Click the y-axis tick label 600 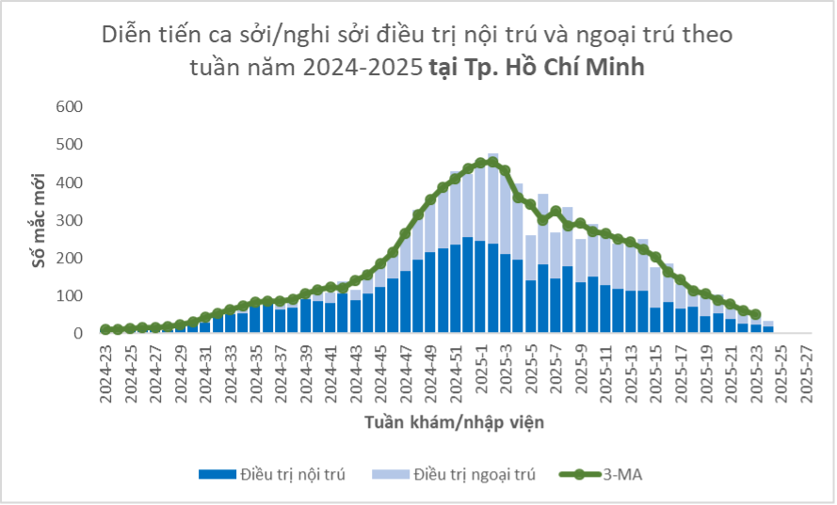(x=72, y=106)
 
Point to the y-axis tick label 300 (x=72, y=220)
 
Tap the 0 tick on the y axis (x=81, y=334)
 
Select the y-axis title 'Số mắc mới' (x=39, y=219)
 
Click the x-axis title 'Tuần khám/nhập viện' (x=454, y=422)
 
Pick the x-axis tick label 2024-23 (x=106, y=372)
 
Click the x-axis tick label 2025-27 (x=805, y=372)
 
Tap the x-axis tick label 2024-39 (x=306, y=372)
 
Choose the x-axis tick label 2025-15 (x=655, y=372)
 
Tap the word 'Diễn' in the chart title (x=125, y=36)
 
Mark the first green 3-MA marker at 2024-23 (x=106, y=330)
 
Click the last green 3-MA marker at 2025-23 (x=755, y=314)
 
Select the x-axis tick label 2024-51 (x=456, y=372)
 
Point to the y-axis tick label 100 (x=72, y=296)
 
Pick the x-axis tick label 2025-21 (x=731, y=372)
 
